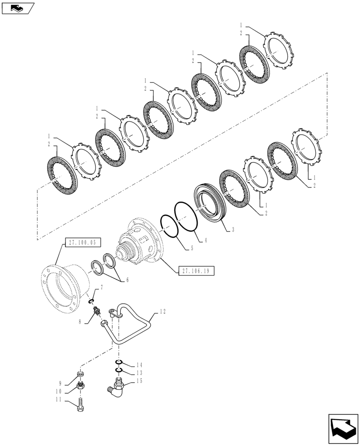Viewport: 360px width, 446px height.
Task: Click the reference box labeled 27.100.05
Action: click(83, 243)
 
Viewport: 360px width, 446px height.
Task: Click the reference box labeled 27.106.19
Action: click(196, 271)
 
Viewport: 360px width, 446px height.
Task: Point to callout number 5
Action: click(192, 248)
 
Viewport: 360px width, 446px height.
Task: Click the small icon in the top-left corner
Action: click(17, 7)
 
